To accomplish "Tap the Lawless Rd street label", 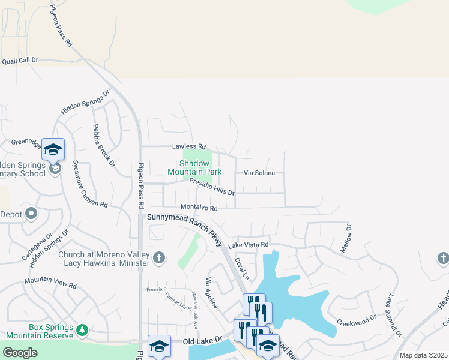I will coord(188,146).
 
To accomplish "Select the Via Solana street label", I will coord(259,173).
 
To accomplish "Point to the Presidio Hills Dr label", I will coord(211,187).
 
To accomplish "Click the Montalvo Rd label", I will coord(199,208).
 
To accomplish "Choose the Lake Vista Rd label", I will coord(248,245).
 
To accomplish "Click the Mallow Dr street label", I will coord(347,239).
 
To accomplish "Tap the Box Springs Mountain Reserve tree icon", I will coord(82,329).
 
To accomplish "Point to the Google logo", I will coord(20,353).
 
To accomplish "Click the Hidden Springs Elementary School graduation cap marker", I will coord(53,149).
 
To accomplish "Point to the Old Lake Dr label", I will coord(202,341).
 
